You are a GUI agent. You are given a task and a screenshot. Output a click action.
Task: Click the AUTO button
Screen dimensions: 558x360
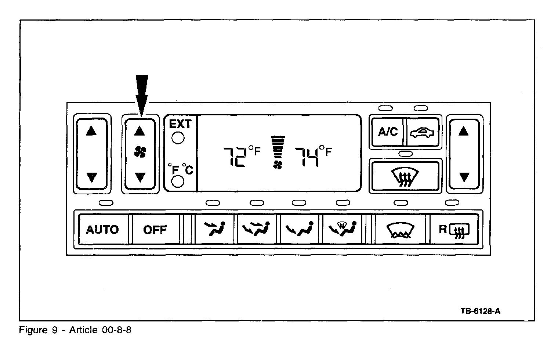[x=102, y=230]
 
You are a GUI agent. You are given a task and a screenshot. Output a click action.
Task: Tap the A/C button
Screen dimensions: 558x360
[x=388, y=132]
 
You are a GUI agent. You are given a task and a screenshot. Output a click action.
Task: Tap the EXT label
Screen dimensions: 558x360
[x=180, y=124]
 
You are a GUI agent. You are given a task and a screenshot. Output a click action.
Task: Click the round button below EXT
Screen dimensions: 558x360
[x=178, y=138]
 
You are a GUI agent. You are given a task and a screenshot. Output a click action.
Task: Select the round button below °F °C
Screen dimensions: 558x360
[x=178, y=181]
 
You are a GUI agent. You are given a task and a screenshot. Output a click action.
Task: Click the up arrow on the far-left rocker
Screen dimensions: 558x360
[x=91, y=131]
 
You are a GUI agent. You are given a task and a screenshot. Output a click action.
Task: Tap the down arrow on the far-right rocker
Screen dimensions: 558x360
[x=464, y=177]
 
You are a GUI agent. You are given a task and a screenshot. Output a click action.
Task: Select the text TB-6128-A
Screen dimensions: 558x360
[x=481, y=311]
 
